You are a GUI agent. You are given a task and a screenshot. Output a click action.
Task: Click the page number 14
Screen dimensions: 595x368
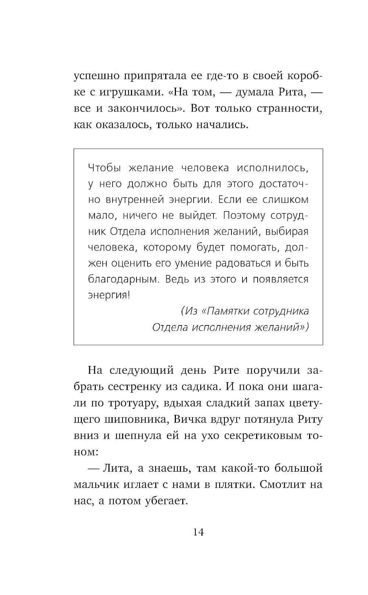(198, 532)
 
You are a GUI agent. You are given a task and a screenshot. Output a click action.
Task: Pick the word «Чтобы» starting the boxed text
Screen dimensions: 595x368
(105, 168)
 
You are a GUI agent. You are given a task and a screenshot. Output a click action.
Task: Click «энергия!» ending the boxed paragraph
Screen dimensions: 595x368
(109, 295)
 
